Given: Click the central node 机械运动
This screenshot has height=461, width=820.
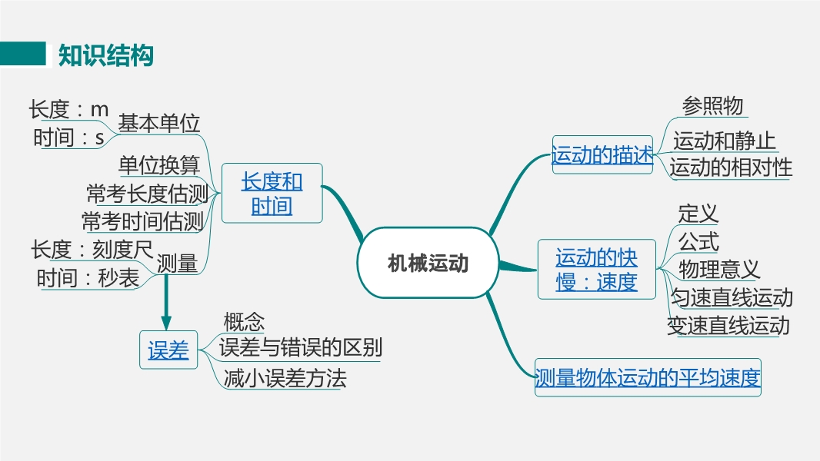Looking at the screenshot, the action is tap(428, 263).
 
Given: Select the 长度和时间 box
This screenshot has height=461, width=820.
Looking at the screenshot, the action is tap(272, 193).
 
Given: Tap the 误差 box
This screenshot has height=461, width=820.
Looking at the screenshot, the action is tap(168, 350).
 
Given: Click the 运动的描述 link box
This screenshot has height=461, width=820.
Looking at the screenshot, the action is tap(602, 154).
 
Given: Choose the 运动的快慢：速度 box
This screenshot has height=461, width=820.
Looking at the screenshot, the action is tap(597, 270).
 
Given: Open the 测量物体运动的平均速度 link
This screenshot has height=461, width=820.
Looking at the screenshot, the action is tap(648, 377).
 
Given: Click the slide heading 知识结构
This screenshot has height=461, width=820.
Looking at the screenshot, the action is tap(106, 55).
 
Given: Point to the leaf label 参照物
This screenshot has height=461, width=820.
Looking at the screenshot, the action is tap(712, 105).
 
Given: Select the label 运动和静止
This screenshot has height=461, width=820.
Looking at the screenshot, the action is tap(724, 141).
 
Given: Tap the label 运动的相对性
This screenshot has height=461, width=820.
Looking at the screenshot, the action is tap(731, 167).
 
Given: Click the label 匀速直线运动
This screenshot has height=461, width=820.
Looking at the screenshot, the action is tap(732, 297).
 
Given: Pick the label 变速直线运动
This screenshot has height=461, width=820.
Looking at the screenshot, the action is tap(728, 326).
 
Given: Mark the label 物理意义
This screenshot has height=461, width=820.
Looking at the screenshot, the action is tap(719, 270).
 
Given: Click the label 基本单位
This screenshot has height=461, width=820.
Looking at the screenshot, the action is tap(159, 123).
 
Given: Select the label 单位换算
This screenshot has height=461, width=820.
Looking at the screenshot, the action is tap(159, 165).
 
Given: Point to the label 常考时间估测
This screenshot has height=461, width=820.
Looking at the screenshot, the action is tap(143, 221).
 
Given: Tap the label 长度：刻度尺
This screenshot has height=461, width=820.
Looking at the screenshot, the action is tap(92, 250).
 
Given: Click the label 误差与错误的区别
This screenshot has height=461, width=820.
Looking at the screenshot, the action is tap(301, 347).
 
